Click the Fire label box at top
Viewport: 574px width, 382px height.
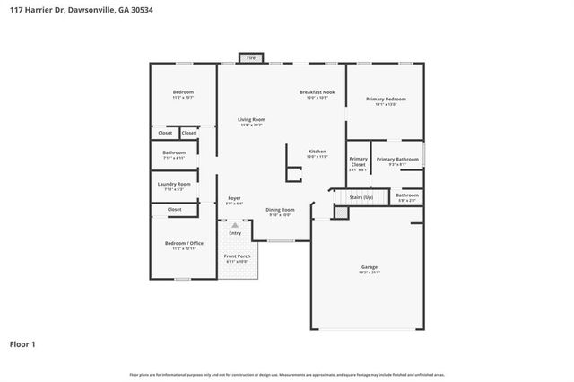(250, 57)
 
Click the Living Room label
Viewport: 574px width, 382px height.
(251, 120)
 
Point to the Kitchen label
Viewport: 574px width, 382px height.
(317, 152)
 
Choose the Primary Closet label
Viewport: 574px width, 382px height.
(359, 161)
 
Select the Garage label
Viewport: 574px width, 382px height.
(369, 267)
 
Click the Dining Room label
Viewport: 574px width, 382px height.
(280, 210)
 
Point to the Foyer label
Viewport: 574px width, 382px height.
(234, 198)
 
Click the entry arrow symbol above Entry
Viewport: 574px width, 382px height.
(235, 225)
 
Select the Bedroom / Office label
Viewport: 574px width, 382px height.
(183, 243)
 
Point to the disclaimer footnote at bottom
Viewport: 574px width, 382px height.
(286, 373)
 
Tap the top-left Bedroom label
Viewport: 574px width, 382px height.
(183, 92)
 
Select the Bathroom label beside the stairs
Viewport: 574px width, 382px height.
(407, 195)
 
